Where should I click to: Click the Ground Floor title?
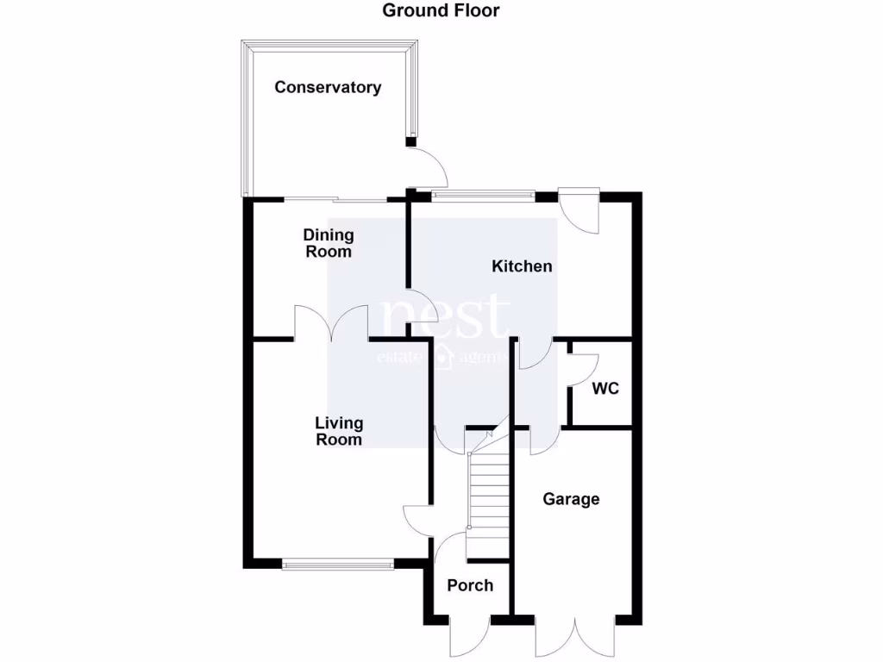pyautogui.click(x=441, y=11)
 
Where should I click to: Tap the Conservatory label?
pyautogui.click(x=328, y=87)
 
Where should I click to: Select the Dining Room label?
pyautogui.click(x=328, y=243)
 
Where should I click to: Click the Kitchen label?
pyautogui.click(x=522, y=266)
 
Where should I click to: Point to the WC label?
pyautogui.click(x=605, y=389)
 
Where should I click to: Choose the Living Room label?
pyautogui.click(x=339, y=431)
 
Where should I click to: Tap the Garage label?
pyautogui.click(x=571, y=499)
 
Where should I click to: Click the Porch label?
pyautogui.click(x=470, y=585)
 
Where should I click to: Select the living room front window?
pyautogui.click(x=338, y=565)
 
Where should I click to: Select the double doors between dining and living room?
pyautogui.click(x=332, y=323)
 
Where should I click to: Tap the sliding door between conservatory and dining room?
pyautogui.click(x=336, y=200)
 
